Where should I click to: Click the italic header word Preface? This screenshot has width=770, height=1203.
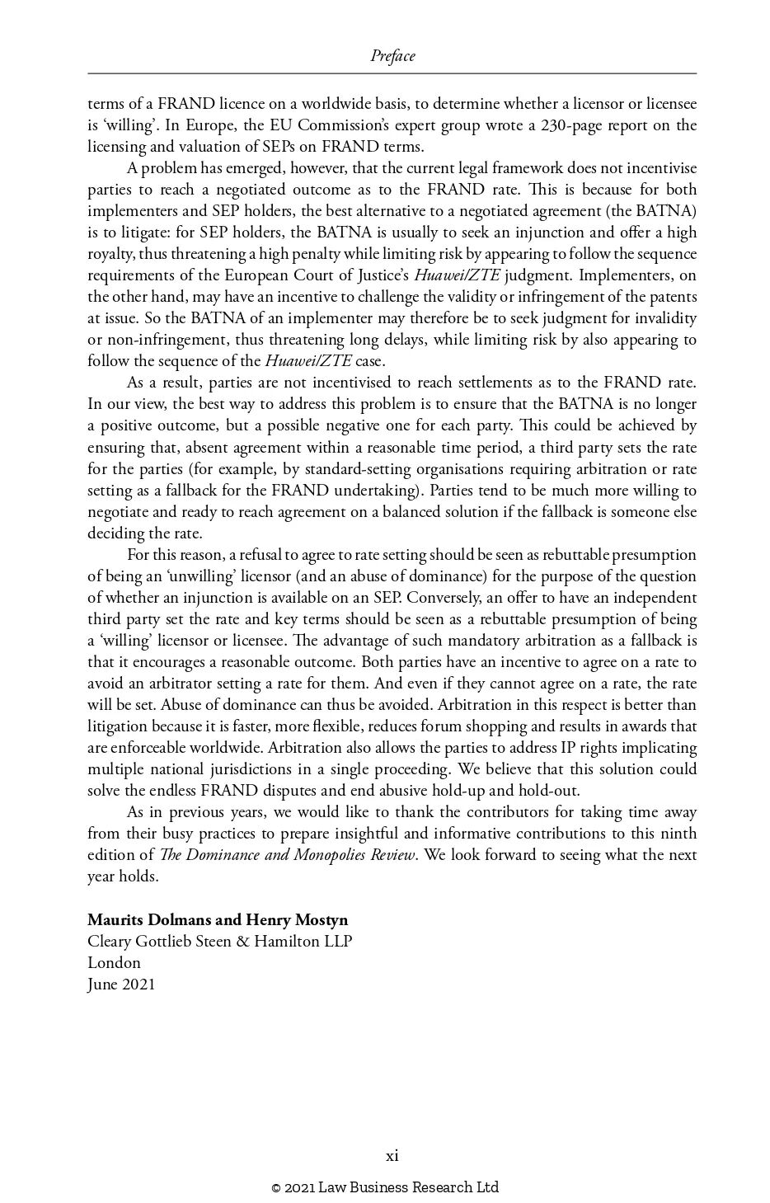pos(392,56)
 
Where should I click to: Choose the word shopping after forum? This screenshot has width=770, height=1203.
pos(536,726)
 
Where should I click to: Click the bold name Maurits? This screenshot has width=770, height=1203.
pos(118,919)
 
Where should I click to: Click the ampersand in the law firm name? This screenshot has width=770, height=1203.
pos(242,941)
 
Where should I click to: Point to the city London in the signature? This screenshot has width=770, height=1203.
pos(114,962)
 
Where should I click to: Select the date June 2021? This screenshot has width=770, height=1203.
pos(121,984)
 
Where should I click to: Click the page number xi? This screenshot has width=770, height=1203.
pos(392,1156)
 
